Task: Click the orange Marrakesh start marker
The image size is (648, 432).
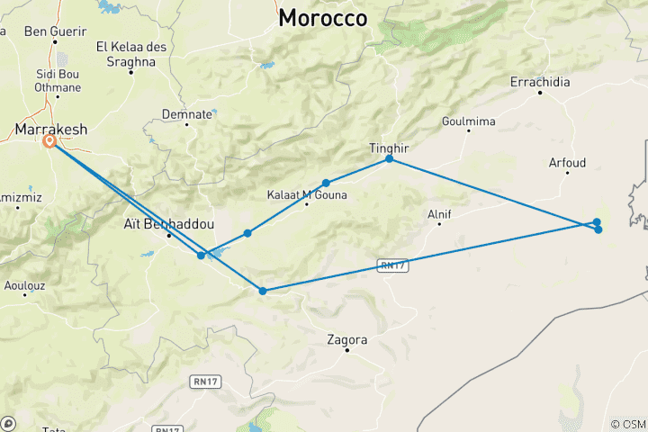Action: [50, 141]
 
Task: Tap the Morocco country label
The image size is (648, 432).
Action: [323, 18]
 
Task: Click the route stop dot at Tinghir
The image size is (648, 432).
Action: [390, 158]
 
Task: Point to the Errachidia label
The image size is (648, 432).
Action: [540, 82]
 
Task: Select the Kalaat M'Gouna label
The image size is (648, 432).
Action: [307, 193]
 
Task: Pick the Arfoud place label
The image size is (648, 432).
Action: [567, 163]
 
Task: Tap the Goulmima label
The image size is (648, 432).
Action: [469, 121]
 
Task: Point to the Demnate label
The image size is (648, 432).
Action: [187, 114]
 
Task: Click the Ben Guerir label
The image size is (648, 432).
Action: [53, 31]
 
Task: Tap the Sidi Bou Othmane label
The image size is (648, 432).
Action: [57, 80]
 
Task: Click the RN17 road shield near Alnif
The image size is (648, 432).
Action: [389, 265]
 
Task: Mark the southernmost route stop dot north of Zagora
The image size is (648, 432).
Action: [262, 291]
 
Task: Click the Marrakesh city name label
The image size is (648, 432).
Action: [51, 130]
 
